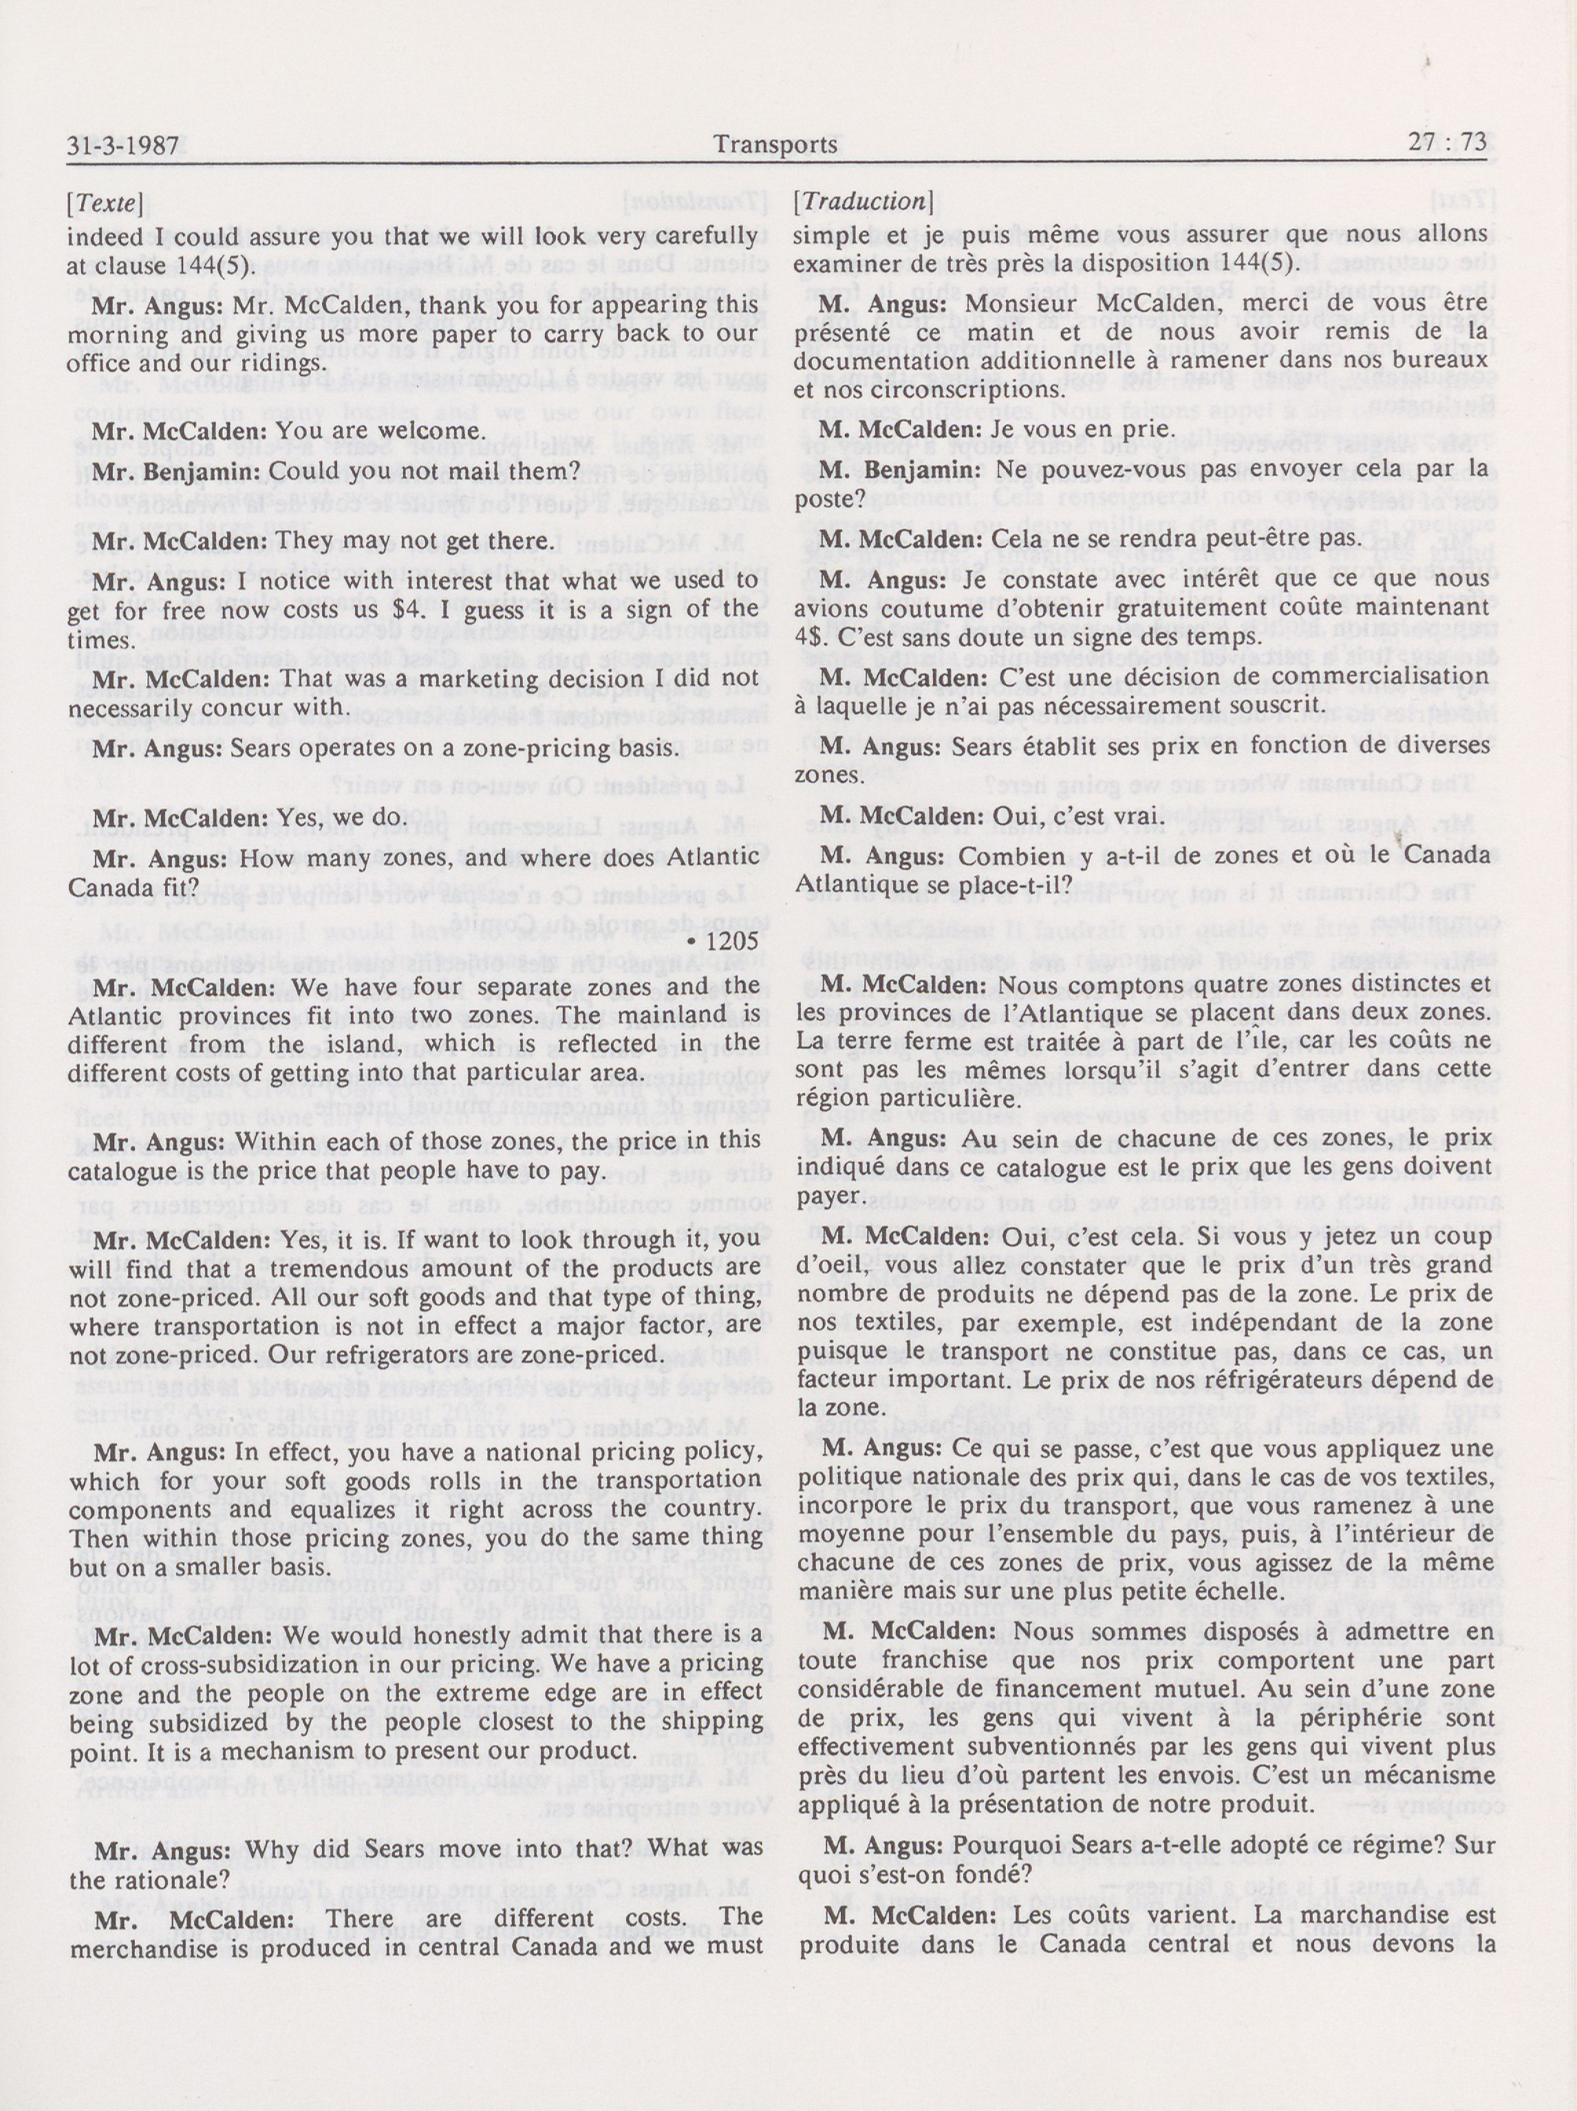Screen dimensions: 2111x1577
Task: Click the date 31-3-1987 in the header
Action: click(x=124, y=146)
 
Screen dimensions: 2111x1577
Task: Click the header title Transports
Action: click(x=775, y=145)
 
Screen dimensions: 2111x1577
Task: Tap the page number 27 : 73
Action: click(x=1447, y=143)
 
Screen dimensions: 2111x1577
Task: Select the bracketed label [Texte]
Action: click(x=106, y=204)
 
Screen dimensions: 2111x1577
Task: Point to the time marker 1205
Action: click(x=733, y=942)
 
